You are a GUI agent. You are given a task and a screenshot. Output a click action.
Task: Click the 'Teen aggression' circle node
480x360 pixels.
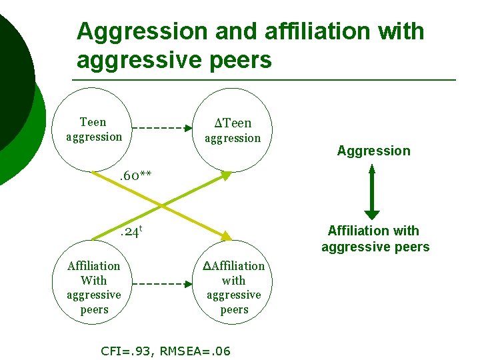pos(94,130)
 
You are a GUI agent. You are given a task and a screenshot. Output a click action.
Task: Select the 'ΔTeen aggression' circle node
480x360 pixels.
pos(233,130)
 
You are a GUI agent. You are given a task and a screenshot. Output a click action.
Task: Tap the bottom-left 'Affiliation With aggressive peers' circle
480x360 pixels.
pos(94,287)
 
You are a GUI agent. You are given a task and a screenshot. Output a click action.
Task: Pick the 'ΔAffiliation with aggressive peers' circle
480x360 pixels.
pos(233,287)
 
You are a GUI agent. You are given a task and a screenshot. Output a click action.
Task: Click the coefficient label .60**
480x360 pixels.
pos(135,176)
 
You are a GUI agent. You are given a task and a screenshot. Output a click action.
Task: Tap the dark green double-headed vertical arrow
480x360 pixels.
pos(372,191)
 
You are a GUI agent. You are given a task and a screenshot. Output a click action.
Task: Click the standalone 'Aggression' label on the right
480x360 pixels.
pos(373,151)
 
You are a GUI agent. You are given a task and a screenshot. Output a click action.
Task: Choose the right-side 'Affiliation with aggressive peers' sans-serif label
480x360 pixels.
pos(375,239)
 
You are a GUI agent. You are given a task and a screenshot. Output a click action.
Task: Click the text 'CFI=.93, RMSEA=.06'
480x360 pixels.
pos(165,351)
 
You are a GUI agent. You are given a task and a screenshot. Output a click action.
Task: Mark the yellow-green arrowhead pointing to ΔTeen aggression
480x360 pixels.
pos(226,176)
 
